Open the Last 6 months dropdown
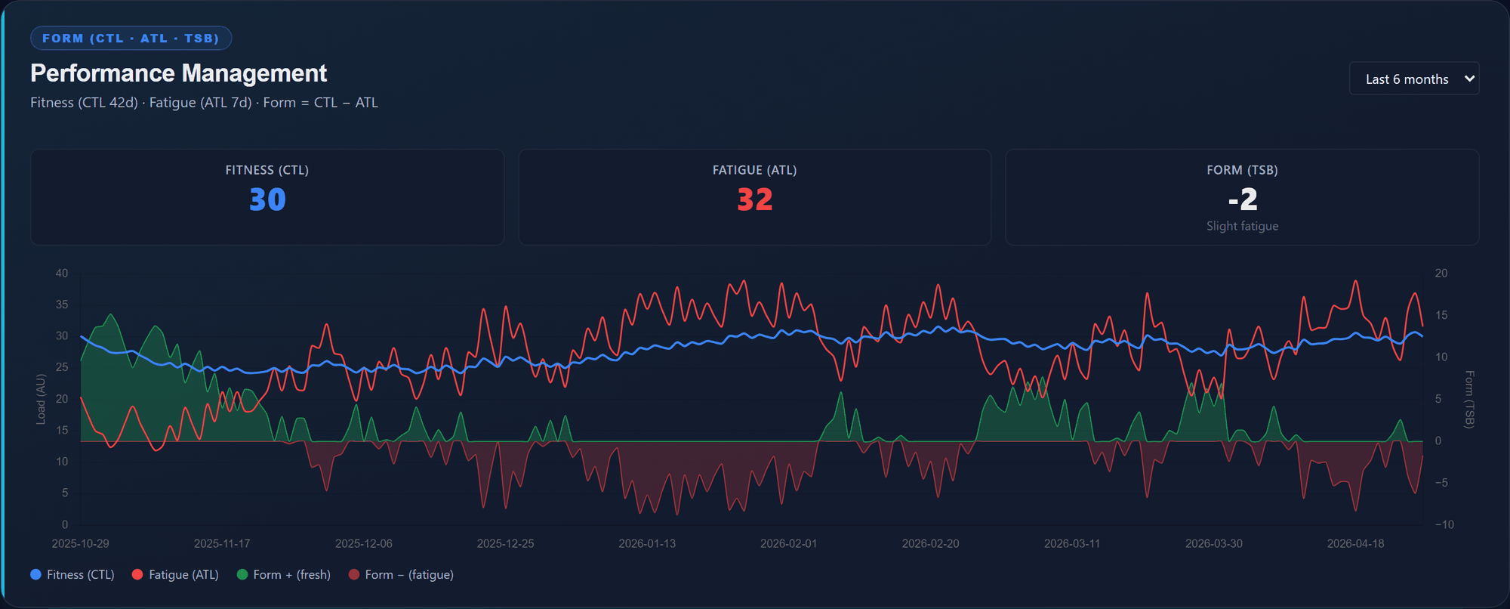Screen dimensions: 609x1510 tap(1413, 79)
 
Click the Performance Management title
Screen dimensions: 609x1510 tap(178, 73)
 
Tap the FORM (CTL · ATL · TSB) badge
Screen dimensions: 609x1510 tap(131, 39)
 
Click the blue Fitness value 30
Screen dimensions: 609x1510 tap(267, 199)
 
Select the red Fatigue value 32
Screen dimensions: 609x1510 tap(754, 199)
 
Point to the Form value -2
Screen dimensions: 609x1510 tap(1242, 199)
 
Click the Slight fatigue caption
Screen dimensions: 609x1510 tap(1242, 226)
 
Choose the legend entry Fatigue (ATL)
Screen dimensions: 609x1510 tap(175, 575)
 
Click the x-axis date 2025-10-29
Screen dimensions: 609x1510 tap(80, 544)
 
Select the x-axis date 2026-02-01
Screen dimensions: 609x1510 tap(788, 544)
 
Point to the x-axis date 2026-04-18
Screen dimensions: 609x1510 tap(1355, 544)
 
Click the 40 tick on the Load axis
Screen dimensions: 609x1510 tap(62, 274)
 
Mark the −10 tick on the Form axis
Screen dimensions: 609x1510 tap(1444, 524)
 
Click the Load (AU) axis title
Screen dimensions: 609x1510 tap(41, 399)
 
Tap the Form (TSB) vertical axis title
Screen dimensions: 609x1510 tap(1469, 399)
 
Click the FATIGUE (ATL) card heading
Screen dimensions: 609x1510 tap(754, 170)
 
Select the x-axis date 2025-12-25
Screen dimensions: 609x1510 tap(505, 544)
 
